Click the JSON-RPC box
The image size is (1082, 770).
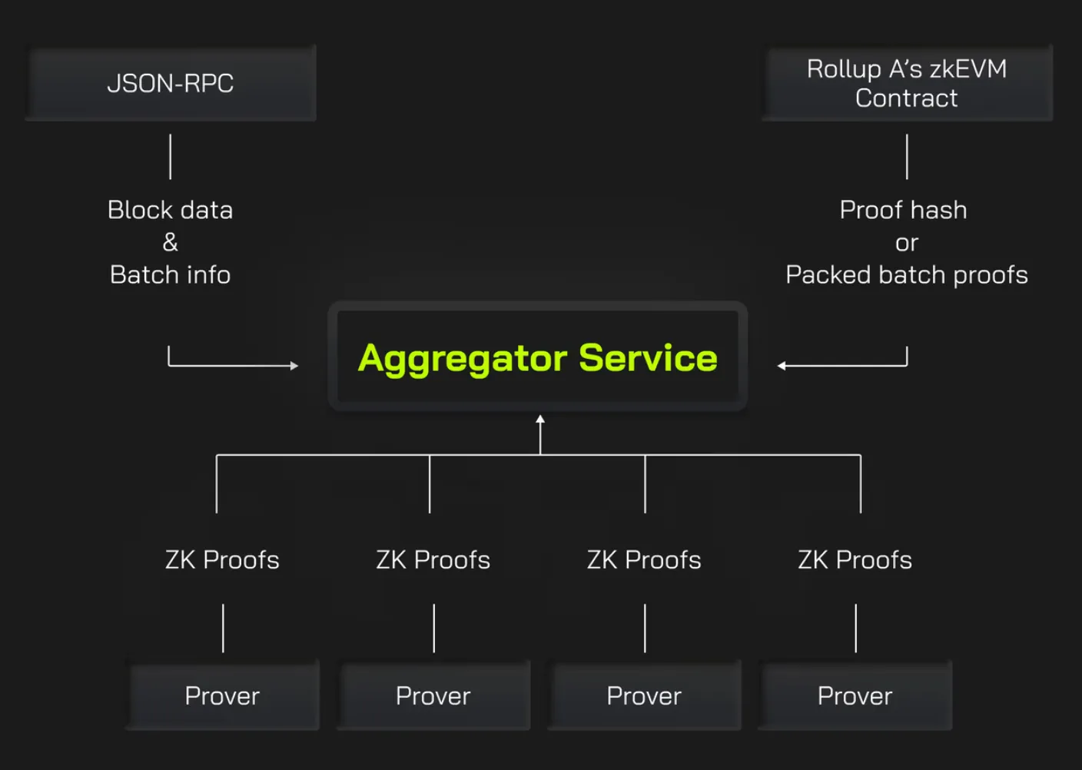(171, 83)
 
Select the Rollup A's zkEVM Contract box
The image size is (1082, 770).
(907, 83)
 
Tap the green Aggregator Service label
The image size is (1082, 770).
(538, 358)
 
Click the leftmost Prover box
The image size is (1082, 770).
(222, 695)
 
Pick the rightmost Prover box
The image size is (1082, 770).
(855, 695)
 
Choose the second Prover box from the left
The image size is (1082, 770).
(433, 695)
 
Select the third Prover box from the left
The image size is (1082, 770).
(644, 695)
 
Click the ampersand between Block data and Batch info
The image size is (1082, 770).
(171, 243)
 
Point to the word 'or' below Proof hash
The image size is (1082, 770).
(907, 244)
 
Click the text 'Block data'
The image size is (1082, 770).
(171, 210)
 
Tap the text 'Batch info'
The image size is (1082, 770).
(171, 275)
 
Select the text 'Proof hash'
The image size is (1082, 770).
(904, 210)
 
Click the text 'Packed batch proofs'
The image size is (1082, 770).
(907, 275)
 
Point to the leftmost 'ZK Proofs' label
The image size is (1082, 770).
(222, 559)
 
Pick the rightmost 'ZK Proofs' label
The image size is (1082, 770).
(855, 559)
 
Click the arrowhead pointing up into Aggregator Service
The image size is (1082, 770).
(540, 420)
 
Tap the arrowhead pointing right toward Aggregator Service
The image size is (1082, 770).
(294, 366)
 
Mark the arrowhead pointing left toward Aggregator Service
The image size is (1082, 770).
(782, 366)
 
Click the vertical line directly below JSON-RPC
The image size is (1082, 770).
(171, 157)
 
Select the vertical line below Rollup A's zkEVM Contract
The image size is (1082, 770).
(907, 157)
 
